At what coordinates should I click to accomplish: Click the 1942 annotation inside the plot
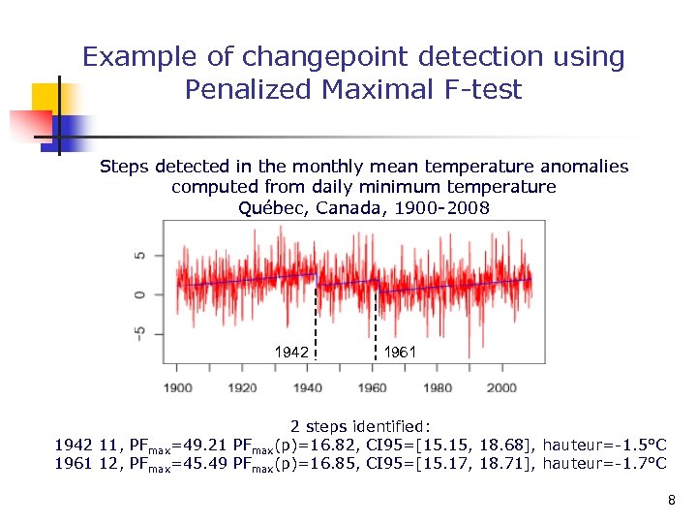pyautogui.click(x=291, y=353)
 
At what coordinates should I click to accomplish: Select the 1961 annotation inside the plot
pyautogui.click(x=400, y=353)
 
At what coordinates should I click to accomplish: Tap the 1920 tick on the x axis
pyautogui.click(x=242, y=388)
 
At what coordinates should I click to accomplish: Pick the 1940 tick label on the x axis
pyautogui.click(x=307, y=388)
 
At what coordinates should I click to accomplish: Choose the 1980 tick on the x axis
pyautogui.click(x=437, y=388)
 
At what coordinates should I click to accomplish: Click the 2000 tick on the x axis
pyautogui.click(x=501, y=388)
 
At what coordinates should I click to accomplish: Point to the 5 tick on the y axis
pyautogui.click(x=142, y=256)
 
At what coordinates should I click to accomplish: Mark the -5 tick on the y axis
pyautogui.click(x=141, y=332)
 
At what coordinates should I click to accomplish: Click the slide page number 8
pyautogui.click(x=671, y=501)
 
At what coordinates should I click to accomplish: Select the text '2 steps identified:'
pyautogui.click(x=361, y=425)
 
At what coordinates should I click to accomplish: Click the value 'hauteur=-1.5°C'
pyautogui.click(x=604, y=445)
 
